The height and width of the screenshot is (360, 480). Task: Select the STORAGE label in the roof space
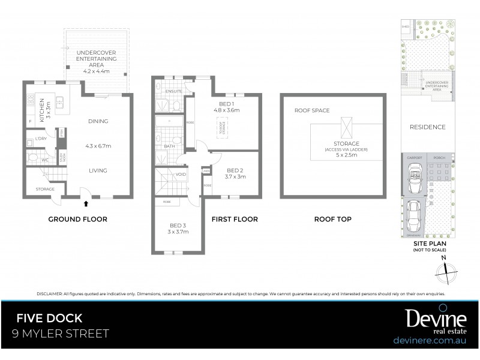tap(347, 143)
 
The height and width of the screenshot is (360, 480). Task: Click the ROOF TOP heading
tap(332, 220)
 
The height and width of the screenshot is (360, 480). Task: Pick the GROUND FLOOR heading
tap(77, 220)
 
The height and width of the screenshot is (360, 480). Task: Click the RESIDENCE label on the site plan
tap(427, 127)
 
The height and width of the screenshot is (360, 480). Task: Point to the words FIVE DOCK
tap(49, 319)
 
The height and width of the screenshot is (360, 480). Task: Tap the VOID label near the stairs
tap(181, 175)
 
